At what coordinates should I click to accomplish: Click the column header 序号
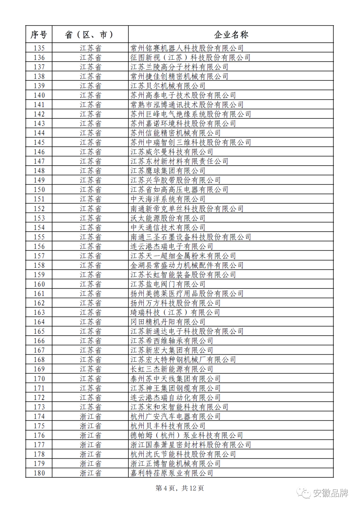[39, 35]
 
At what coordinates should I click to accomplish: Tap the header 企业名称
[231, 35]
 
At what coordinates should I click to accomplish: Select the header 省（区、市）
[90, 35]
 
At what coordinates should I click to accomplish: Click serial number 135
[39, 48]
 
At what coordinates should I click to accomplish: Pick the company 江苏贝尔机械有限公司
[168, 86]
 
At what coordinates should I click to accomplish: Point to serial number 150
[39, 190]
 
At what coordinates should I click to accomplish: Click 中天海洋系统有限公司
[168, 199]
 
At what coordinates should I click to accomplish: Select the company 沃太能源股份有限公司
[168, 218]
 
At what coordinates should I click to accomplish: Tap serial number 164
[39, 322]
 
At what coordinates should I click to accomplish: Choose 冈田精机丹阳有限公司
[168, 322]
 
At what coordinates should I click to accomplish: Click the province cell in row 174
[90, 416]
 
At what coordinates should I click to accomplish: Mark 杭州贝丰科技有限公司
[168, 426]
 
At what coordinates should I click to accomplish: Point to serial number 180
[39, 473]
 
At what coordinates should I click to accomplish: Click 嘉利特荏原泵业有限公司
[172, 473]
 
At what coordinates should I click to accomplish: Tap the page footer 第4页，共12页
[180, 488]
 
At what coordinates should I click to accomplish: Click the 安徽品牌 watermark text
[330, 493]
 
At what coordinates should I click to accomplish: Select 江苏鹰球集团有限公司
[168, 171]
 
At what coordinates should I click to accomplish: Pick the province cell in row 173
[90, 407]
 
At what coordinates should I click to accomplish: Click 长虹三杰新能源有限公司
[172, 369]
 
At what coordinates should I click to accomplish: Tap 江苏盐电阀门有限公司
[168, 284]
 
